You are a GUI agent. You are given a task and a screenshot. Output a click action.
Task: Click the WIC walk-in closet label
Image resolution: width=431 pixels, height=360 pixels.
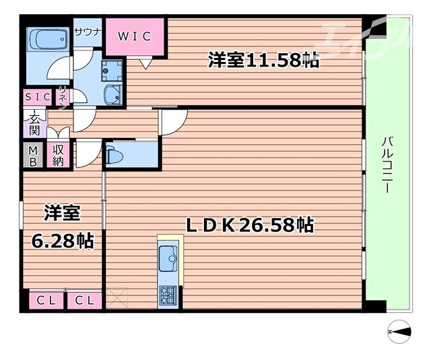pos(134,35)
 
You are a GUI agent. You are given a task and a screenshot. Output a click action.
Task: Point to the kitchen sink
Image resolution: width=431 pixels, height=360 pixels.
pos(168,255)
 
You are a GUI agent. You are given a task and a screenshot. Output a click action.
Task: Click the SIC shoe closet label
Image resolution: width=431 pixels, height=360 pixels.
pos(37,97)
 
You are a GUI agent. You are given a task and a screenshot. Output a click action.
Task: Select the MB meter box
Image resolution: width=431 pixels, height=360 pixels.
pos(32,156)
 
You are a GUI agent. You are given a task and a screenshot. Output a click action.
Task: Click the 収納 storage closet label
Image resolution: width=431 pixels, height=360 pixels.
pos(59,156)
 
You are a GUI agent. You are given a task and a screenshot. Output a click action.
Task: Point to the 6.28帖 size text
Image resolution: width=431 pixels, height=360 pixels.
pos(63,240)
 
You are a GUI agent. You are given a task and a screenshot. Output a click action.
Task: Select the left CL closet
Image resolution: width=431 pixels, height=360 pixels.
pos(46,300)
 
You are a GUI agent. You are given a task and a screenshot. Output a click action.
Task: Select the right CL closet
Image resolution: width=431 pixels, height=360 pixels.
pos(84,300)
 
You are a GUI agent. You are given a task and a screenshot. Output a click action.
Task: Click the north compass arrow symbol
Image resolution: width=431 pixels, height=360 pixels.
pos(400,331)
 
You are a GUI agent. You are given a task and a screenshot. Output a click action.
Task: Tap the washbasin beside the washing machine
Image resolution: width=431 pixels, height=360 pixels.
pos(112,94)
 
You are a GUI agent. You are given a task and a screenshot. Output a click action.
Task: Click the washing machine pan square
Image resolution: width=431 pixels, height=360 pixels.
pos(111,69)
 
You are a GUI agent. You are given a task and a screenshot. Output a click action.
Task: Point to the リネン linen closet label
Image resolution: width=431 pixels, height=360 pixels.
pos(63,98)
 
